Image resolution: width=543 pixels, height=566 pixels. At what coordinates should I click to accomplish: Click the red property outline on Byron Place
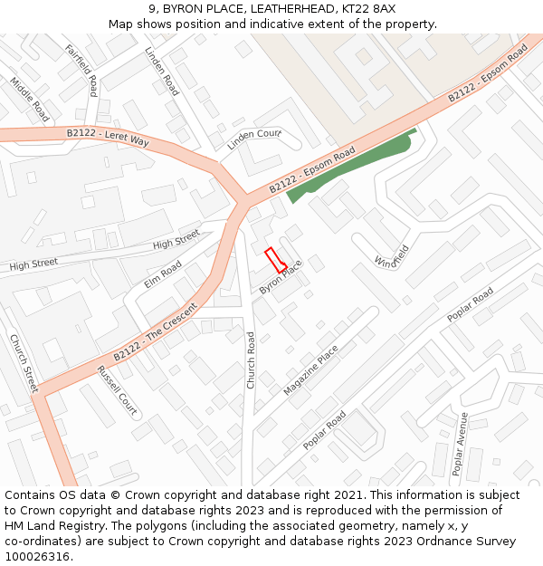click(x=275, y=259)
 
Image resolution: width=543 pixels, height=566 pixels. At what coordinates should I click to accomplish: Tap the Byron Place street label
click(x=280, y=277)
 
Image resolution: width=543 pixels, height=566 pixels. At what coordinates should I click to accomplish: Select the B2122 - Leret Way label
click(x=108, y=137)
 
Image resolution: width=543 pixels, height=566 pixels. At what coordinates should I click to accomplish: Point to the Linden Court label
click(x=254, y=139)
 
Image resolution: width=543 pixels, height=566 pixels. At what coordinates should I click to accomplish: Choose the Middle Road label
click(x=30, y=99)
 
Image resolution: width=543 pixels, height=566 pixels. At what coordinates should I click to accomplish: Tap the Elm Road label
click(x=163, y=273)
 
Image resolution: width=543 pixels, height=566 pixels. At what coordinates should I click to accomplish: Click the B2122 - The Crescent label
click(x=156, y=331)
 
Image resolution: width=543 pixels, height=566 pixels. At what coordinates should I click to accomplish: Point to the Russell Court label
click(x=117, y=390)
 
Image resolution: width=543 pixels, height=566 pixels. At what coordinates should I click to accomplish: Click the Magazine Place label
click(x=310, y=369)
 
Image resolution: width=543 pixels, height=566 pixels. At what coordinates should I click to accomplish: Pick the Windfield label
click(x=392, y=256)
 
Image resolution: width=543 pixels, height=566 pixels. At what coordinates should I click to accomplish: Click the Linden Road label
click(x=162, y=72)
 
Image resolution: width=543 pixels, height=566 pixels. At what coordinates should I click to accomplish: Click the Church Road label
click(x=252, y=360)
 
